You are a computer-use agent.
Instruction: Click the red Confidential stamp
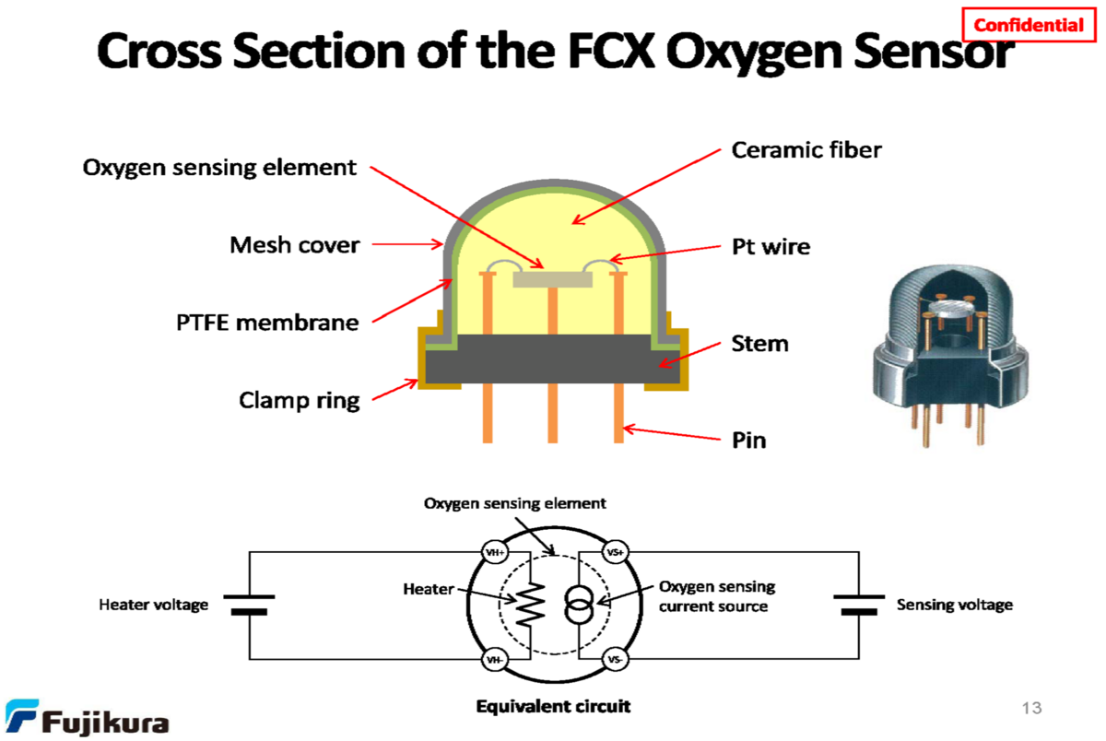pyautogui.click(x=1029, y=25)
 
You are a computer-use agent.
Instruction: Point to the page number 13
pyautogui.click(x=1031, y=708)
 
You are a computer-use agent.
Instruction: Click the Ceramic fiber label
pyautogui.click(x=806, y=149)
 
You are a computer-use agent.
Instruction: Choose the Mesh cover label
pyautogui.click(x=294, y=245)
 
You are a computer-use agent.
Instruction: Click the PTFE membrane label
pyautogui.click(x=267, y=323)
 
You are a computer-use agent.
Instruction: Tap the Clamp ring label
pyautogui.click(x=300, y=400)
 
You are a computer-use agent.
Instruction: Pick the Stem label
pyautogui.click(x=759, y=344)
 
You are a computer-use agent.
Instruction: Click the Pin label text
pyautogui.click(x=748, y=441)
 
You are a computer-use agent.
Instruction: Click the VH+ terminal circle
pyautogui.click(x=496, y=552)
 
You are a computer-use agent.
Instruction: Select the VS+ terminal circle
pyautogui.click(x=615, y=552)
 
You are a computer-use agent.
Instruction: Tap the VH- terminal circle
pyautogui.click(x=496, y=660)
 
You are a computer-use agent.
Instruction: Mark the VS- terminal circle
pyautogui.click(x=615, y=660)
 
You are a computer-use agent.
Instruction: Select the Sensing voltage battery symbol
pyautogui.click(x=859, y=605)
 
